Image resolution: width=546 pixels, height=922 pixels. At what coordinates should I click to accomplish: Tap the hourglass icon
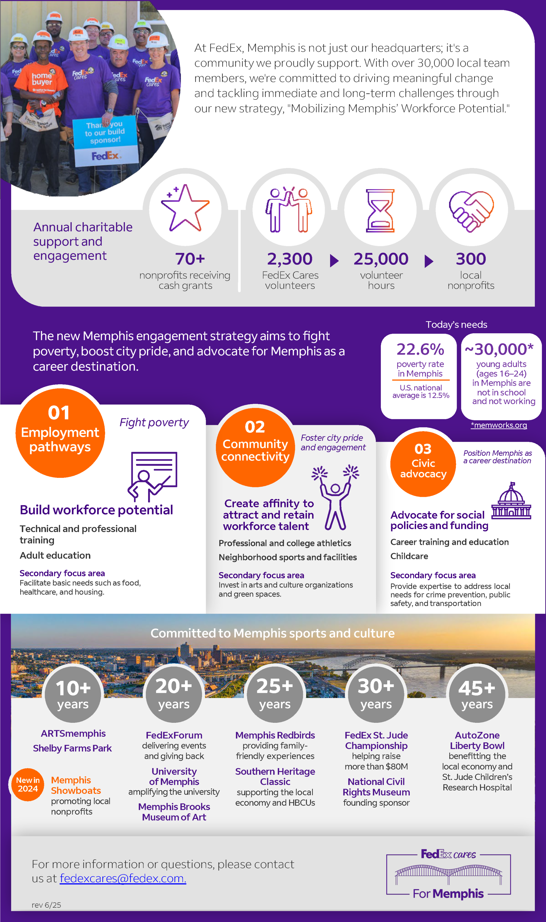(380, 211)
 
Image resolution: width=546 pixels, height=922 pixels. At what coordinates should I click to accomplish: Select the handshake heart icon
(471, 211)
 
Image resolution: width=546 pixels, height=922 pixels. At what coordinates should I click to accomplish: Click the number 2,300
(290, 259)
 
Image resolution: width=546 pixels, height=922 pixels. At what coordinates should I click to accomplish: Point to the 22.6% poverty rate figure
(420, 349)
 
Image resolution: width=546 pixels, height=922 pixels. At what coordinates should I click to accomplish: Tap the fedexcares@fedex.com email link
(123, 878)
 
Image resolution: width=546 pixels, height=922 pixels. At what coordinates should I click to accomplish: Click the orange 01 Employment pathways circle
(60, 433)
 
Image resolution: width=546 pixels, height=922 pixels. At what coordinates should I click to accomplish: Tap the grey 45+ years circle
(477, 694)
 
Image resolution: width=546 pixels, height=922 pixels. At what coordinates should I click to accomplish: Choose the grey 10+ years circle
(73, 694)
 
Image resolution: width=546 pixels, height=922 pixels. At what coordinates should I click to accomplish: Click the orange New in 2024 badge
(28, 784)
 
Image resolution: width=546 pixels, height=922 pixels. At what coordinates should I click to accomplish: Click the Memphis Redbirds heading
(275, 735)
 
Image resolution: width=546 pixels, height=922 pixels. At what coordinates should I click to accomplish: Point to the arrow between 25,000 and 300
(429, 261)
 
